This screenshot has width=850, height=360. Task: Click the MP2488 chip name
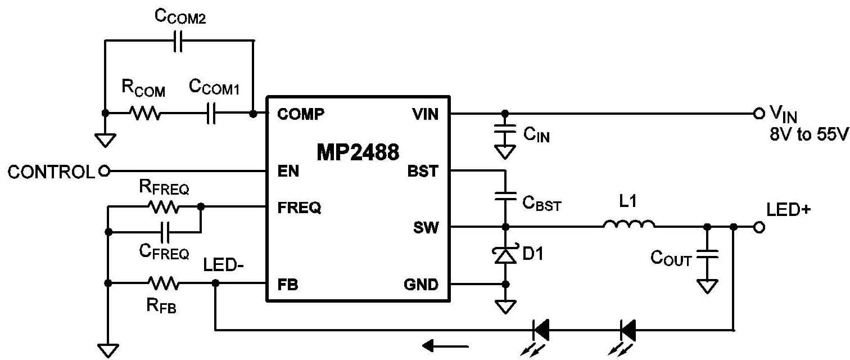[358, 152]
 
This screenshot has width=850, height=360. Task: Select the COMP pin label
[301, 114]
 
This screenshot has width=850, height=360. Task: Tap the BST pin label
[423, 171]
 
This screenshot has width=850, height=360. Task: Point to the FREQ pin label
[299, 208]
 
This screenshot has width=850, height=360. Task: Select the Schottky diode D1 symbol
[505, 255]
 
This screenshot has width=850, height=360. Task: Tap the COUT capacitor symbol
[707, 256]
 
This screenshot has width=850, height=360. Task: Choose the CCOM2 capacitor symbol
[178, 42]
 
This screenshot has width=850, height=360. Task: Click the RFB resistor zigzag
[163, 283]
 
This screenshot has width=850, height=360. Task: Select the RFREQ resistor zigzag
[163, 208]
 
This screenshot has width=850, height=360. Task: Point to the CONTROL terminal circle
[103, 171]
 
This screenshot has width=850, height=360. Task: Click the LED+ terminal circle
[759, 227]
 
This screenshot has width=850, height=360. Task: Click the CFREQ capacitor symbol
[165, 231]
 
